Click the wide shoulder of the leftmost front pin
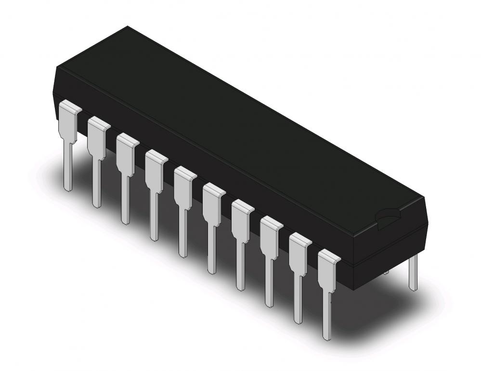[x=67, y=123]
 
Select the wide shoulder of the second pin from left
[x=97, y=139]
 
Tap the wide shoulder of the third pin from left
[x=125, y=155]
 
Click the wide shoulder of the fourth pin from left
[x=154, y=171]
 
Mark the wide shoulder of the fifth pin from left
[x=183, y=188]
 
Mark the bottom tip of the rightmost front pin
[x=327, y=337]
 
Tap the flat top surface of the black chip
[x=231, y=120]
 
